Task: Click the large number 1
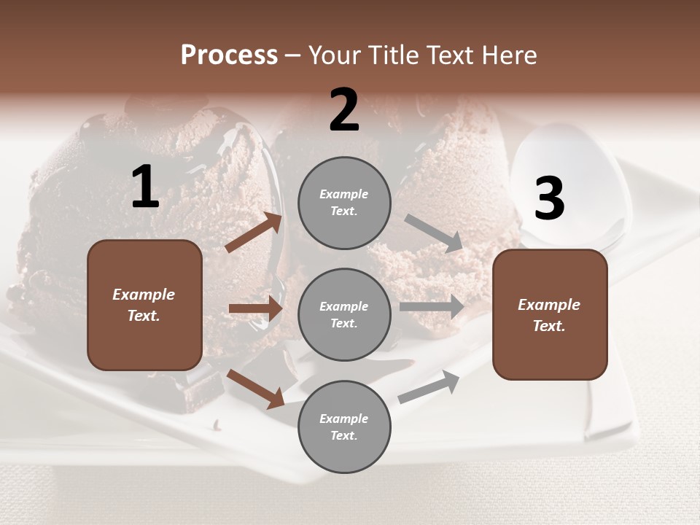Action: click(145, 188)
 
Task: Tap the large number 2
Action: click(344, 111)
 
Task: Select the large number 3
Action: click(550, 199)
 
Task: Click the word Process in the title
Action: click(229, 55)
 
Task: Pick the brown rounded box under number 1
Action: click(144, 305)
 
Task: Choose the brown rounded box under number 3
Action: click(550, 315)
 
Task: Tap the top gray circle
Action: click(344, 203)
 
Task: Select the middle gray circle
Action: click(344, 315)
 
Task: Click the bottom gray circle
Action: click(344, 427)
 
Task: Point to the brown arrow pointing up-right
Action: click(254, 233)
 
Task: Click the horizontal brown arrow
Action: click(255, 308)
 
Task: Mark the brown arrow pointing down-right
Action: click(255, 389)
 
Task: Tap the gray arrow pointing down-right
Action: click(434, 233)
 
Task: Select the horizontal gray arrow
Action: click(432, 307)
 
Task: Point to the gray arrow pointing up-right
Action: click(429, 387)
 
